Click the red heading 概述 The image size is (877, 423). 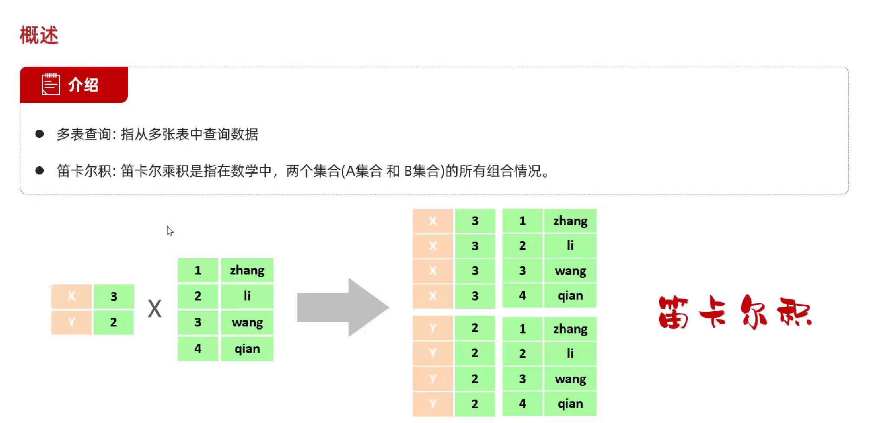[x=39, y=35]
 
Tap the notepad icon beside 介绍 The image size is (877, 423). [x=51, y=84]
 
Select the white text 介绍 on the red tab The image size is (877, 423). [x=84, y=85]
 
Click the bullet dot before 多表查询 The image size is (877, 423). [x=39, y=134]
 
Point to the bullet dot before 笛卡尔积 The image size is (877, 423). [x=39, y=171]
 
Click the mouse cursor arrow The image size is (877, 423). [x=170, y=231]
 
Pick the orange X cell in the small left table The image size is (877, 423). [x=71, y=296]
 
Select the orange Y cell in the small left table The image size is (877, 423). [x=71, y=322]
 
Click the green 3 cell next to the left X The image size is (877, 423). [x=114, y=296]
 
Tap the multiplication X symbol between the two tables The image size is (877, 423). [x=155, y=309]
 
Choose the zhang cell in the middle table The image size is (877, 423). [x=247, y=270]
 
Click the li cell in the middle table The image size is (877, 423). [x=247, y=296]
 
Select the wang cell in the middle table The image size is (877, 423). [x=247, y=322]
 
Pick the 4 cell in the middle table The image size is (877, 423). [x=198, y=349]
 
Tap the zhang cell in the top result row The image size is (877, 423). [x=570, y=221]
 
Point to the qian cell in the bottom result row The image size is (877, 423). [x=570, y=404]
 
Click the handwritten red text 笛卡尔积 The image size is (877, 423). [x=735, y=312]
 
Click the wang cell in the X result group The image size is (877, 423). [x=570, y=271]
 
